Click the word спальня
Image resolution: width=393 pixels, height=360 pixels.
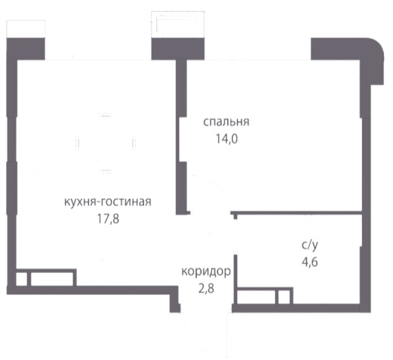coord(226,122)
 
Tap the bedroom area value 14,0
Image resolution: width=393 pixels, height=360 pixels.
coord(226,139)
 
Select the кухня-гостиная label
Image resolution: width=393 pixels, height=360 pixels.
coord(108,201)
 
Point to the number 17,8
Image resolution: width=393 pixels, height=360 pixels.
coord(108,219)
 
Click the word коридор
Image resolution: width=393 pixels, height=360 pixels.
coord(206,272)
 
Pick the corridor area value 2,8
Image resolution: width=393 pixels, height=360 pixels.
coord(206,289)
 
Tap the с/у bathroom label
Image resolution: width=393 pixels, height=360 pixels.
coord(310,245)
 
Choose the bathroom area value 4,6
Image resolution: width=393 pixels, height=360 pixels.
coord(310,263)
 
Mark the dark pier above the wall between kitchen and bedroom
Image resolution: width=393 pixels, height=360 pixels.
coord(178,48)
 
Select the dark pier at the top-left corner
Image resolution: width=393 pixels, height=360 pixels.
coord(25,48)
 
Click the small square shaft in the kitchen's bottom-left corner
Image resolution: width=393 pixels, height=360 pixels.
coord(22,279)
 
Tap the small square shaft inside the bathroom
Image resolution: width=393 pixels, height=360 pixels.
coord(284,296)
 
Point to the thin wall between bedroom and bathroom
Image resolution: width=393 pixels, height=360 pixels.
coord(297,213)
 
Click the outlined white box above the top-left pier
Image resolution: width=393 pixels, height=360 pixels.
coord(25,29)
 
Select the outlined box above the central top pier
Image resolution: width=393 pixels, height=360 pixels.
coord(178,24)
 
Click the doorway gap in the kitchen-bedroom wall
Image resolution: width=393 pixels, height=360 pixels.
coord(181,139)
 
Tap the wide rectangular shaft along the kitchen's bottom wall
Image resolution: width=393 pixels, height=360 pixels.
coord(52,279)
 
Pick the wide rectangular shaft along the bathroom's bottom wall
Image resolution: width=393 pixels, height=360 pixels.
coord(256,296)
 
